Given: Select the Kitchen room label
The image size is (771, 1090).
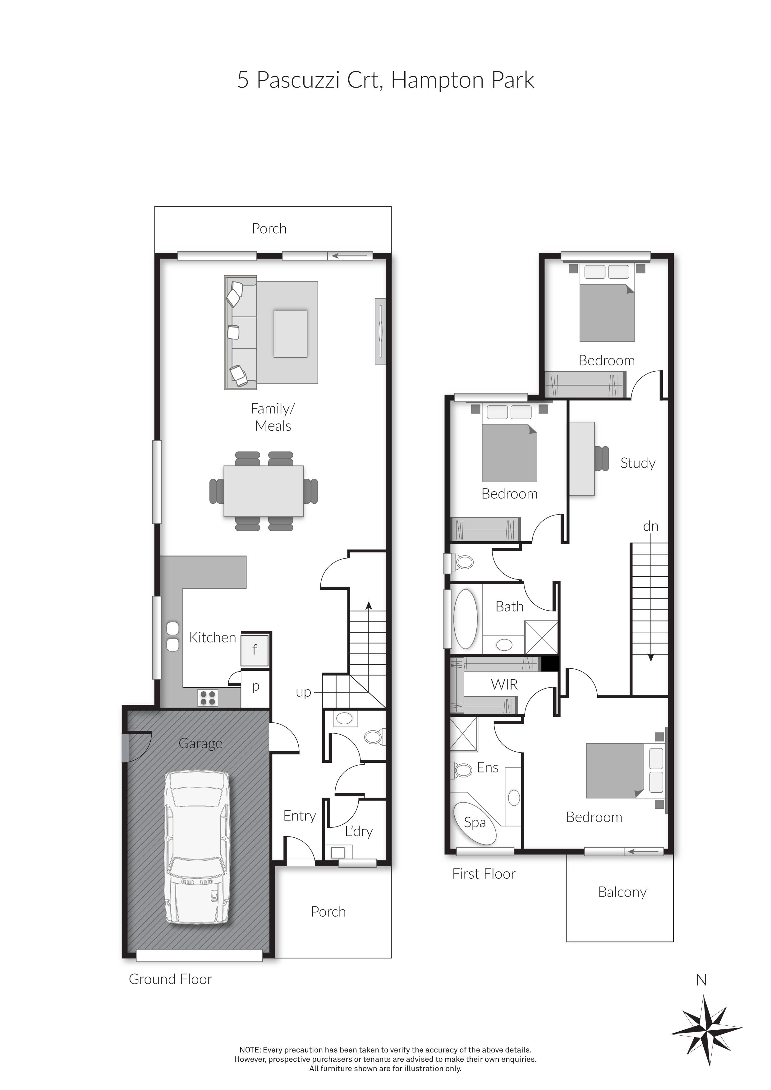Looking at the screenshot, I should click(212, 638).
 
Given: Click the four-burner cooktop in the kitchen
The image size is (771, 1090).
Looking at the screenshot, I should click(208, 698).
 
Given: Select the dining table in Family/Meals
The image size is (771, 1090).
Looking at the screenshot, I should click(264, 491).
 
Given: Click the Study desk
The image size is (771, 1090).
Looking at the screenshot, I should click(582, 459).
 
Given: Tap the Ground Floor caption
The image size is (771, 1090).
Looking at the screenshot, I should click(170, 979).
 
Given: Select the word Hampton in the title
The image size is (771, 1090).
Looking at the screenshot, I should click(436, 80).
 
